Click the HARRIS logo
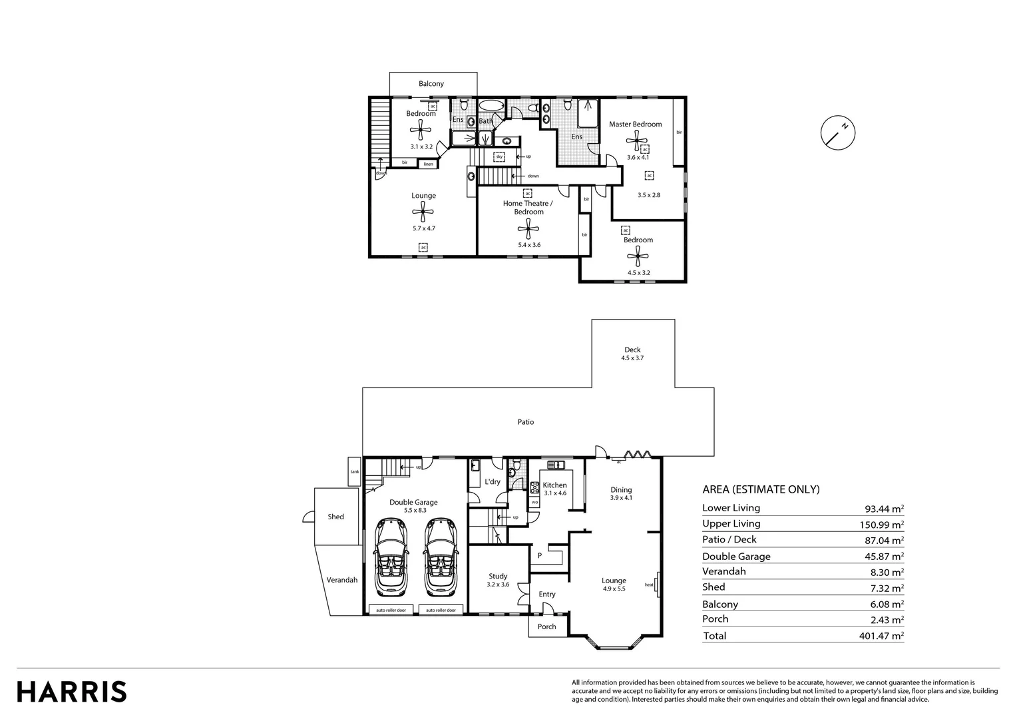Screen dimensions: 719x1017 72,691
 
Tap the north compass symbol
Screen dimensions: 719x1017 837,132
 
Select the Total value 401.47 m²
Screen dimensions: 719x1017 881,636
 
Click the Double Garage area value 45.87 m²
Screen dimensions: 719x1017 881,557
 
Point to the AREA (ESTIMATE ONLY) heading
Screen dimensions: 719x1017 761,489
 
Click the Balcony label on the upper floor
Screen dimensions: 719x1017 431,84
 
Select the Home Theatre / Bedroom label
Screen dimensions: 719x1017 528,208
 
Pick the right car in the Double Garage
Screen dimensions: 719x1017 441,557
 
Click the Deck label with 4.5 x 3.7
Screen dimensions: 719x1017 632,354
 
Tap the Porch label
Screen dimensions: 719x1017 546,626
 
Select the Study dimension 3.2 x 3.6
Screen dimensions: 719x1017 498,585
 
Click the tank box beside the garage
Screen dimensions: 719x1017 354,472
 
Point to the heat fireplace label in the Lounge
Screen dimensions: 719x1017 649,585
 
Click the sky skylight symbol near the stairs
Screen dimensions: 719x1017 499,157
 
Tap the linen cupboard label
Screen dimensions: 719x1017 428,164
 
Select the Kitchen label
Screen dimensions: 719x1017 554,485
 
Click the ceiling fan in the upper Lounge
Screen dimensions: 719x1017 423,212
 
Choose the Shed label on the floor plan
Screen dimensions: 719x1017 335,517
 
